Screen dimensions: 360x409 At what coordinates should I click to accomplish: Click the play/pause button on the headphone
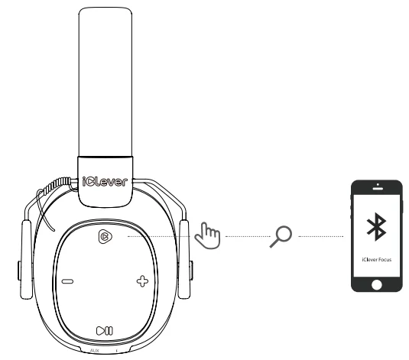click(x=105, y=330)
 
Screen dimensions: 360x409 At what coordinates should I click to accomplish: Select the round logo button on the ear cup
click(x=105, y=238)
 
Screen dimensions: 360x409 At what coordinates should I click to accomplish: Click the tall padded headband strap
click(x=105, y=84)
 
